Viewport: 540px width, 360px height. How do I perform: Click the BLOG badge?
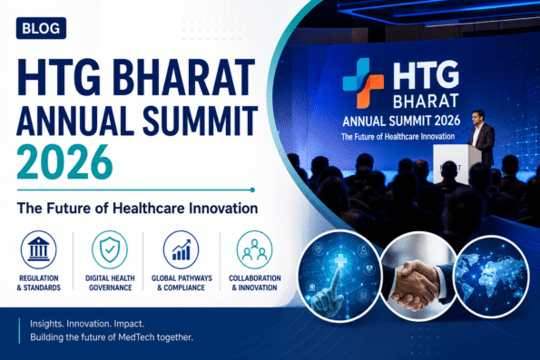tap(41, 28)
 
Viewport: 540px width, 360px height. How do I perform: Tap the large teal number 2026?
tap(64, 162)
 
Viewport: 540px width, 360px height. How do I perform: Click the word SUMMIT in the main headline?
tap(200, 121)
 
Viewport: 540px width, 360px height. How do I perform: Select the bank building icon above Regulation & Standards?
tap(38, 249)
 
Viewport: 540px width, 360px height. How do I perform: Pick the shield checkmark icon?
tap(110, 249)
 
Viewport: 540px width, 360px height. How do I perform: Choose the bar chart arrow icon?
tap(182, 249)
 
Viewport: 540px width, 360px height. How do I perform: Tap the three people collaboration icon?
tap(254, 249)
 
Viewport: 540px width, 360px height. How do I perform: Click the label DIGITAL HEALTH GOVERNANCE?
tap(110, 283)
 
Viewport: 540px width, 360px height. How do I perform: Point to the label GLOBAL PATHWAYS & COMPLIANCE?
tap(182, 283)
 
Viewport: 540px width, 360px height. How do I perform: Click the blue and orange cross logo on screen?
tap(363, 83)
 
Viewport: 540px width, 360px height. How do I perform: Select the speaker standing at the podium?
tap(482, 138)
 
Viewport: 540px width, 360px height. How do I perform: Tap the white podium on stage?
tap(457, 164)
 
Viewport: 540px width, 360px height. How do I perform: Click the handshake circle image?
tap(419, 277)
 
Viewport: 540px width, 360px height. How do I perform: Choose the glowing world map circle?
tap(492, 277)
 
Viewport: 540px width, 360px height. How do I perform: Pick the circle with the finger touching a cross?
tap(340, 277)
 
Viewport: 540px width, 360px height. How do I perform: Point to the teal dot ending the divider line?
tap(252, 190)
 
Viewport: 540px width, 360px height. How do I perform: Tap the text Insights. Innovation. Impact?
tap(87, 324)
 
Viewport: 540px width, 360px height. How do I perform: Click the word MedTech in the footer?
tap(136, 337)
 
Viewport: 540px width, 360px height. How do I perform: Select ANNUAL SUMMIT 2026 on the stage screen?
tap(401, 121)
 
